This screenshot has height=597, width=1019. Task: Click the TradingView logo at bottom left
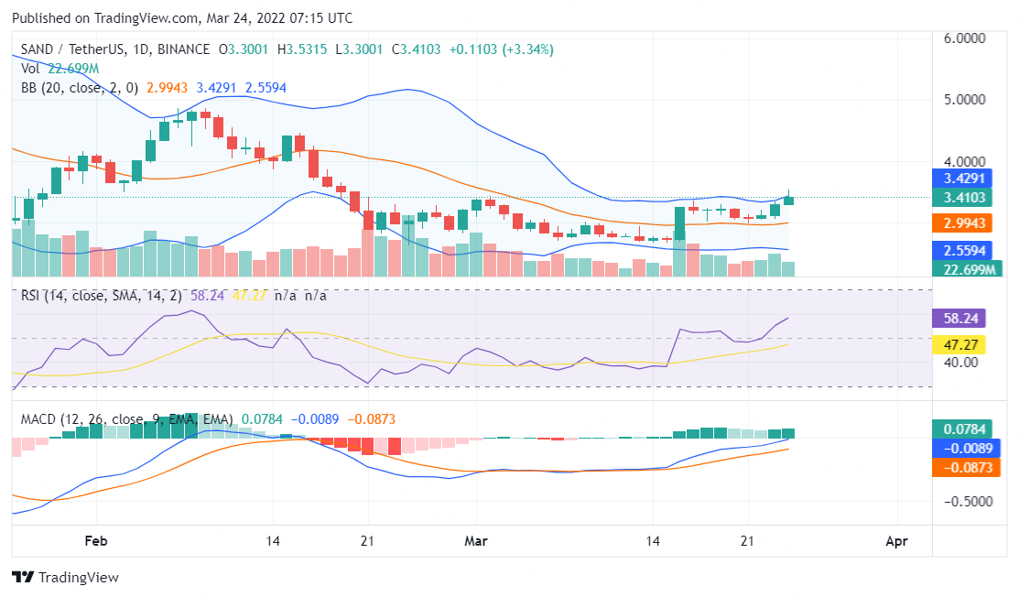(65, 578)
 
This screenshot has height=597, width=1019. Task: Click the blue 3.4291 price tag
(965, 179)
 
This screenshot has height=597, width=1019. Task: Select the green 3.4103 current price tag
(965, 198)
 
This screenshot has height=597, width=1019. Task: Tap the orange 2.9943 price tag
(965, 223)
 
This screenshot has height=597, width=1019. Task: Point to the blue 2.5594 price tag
(965, 250)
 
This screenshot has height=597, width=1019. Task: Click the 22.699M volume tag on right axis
(965, 268)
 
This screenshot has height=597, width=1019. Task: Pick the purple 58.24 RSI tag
(965, 319)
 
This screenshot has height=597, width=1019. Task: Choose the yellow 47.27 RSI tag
(965, 345)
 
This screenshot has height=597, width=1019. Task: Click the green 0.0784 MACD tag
(965, 429)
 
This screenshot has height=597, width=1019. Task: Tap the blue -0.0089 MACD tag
(965, 449)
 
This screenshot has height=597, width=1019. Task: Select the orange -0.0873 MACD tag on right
(965, 467)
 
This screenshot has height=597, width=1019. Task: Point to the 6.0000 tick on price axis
(965, 38)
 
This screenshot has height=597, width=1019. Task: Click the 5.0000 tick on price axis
(965, 99)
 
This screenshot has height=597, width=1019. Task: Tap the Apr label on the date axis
(897, 541)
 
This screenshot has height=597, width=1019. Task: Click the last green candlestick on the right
(788, 200)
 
